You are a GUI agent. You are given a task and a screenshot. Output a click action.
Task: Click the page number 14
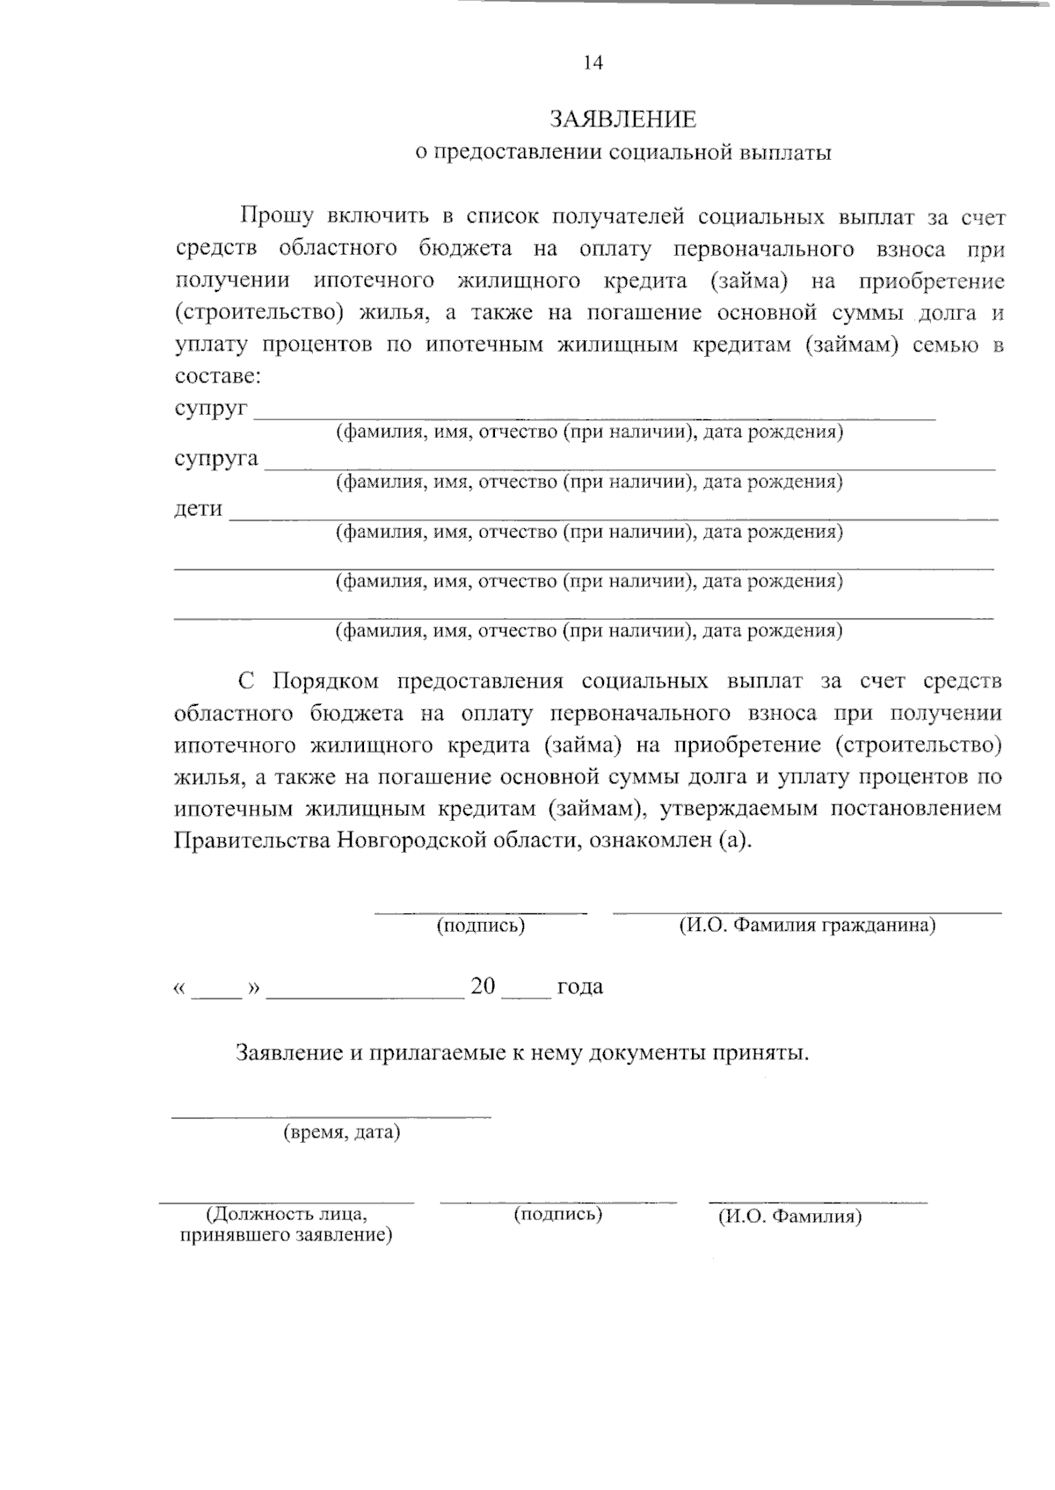click(x=593, y=62)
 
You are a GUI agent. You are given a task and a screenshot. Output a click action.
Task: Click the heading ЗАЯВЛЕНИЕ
click(x=622, y=119)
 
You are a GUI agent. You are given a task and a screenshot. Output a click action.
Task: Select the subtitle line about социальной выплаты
click(x=622, y=153)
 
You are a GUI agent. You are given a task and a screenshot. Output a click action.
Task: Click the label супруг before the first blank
click(x=211, y=410)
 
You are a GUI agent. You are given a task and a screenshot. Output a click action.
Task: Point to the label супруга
click(x=216, y=460)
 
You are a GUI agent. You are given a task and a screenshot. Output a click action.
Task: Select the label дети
click(x=198, y=510)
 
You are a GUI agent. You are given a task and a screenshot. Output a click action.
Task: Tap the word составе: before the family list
click(x=217, y=376)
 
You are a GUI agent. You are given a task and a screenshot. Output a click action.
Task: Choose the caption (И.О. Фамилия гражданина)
click(x=806, y=926)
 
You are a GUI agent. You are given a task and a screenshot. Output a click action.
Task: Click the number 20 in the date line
click(x=484, y=986)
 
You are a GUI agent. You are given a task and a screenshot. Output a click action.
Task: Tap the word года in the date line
click(x=579, y=987)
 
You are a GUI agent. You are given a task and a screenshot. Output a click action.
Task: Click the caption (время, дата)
click(x=341, y=1133)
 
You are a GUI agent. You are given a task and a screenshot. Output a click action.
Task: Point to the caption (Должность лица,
click(x=286, y=1216)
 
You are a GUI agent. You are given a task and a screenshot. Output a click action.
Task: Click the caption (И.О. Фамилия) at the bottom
click(x=789, y=1217)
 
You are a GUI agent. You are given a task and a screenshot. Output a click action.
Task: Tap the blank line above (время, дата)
click(x=331, y=1117)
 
